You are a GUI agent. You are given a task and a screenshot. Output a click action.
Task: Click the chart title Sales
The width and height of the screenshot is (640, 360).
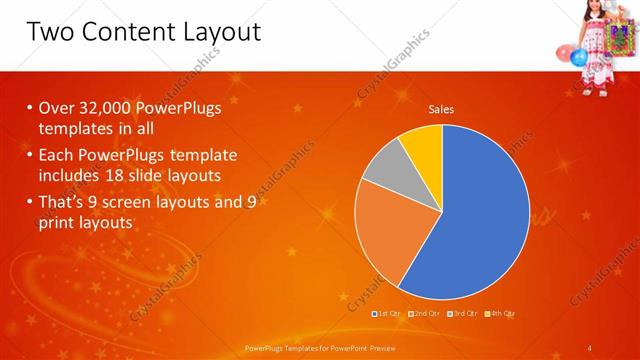point(441,109)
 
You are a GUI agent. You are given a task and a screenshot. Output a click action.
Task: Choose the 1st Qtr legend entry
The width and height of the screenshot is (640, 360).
point(389,313)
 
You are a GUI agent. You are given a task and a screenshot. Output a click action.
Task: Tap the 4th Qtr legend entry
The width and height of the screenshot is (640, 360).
point(502,313)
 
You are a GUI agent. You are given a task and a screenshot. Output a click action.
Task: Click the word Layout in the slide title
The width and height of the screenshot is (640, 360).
point(216,32)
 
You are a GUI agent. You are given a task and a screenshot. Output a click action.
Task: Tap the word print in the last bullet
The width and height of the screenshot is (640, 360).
point(57,223)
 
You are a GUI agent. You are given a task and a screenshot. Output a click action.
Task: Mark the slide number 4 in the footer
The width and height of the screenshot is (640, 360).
point(590,348)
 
